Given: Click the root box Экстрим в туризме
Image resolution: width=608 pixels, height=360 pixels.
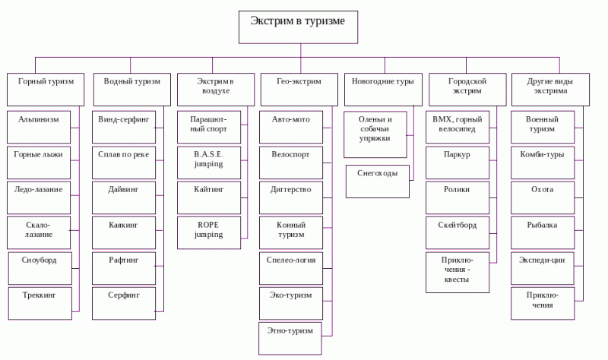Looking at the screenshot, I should pos(298,27).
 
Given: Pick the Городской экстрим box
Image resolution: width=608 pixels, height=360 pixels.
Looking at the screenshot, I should pos(467,88).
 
